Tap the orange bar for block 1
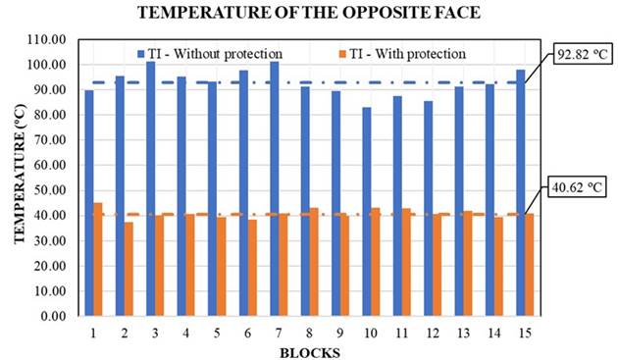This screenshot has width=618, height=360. [98, 259]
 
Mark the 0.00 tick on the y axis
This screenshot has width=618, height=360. [55, 316]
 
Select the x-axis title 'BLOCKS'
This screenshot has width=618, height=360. [310, 351]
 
